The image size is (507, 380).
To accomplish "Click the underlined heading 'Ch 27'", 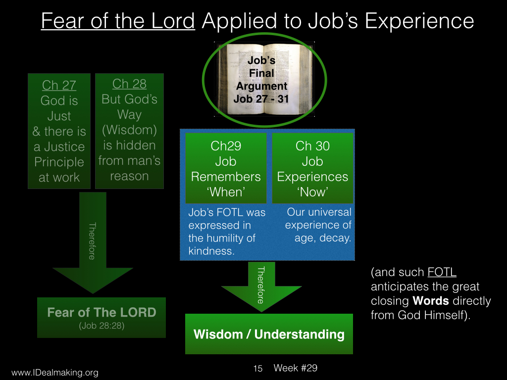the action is (59, 85).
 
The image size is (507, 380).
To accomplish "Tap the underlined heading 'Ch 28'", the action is (129, 84).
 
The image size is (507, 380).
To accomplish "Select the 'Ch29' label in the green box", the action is (226, 146).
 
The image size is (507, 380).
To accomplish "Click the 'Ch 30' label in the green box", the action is (312, 146).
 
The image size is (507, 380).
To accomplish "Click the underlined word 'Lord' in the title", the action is (173, 21).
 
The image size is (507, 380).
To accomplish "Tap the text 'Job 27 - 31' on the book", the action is (261, 98).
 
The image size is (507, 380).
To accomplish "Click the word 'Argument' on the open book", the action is (261, 86).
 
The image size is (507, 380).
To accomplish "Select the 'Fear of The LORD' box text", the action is (101, 312).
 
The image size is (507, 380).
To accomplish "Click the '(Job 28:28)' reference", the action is (101, 326).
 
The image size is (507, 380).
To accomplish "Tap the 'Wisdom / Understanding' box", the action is (269, 334).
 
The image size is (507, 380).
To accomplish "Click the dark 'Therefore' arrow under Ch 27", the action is (93, 242).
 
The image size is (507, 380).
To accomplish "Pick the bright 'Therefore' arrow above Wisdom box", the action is (261, 286).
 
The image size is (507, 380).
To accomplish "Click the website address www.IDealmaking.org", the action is (55, 373).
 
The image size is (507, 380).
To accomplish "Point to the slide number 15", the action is (257, 368).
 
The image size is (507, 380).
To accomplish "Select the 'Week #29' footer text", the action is (296, 368).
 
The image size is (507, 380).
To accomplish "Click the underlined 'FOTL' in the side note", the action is (442, 272).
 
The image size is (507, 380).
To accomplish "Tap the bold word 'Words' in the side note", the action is (431, 301).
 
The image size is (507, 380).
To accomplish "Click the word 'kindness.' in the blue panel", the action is (211, 251).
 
